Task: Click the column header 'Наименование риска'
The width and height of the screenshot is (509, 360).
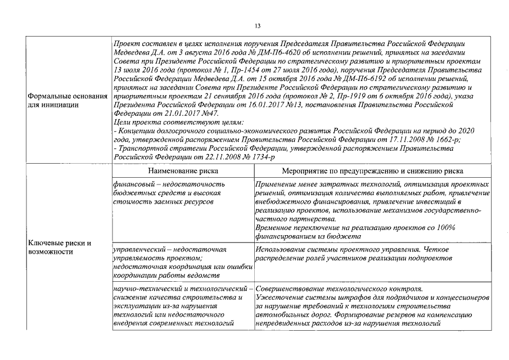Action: click(x=182, y=170)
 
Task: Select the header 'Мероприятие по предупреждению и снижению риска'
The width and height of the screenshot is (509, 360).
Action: click(x=373, y=170)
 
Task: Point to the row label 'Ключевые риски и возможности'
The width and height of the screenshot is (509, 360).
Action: click(x=60, y=247)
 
